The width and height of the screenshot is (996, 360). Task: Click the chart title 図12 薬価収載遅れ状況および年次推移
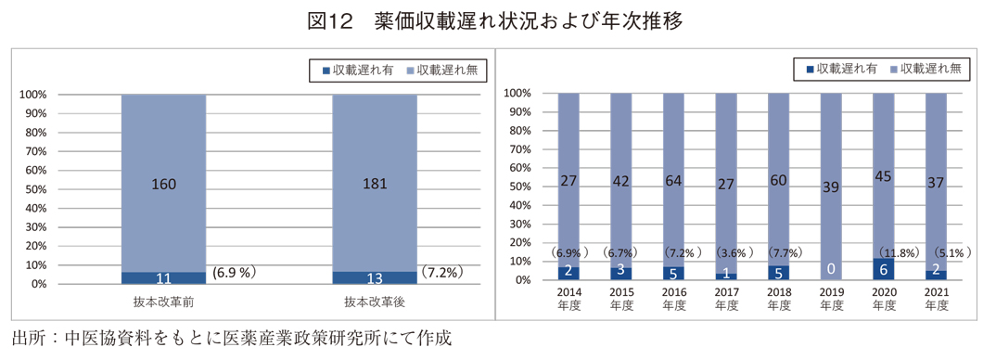[x=497, y=20]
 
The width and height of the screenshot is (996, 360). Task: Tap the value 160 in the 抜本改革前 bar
[x=162, y=184]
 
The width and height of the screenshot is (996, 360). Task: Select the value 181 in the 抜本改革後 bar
[x=375, y=184]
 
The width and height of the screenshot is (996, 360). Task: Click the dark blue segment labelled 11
[x=162, y=277]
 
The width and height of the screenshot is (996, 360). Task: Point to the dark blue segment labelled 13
[x=375, y=277]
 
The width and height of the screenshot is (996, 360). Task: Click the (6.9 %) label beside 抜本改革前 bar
[x=234, y=273]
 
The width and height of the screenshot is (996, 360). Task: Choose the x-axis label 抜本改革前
[x=163, y=302]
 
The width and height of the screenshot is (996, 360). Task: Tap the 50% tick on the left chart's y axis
[x=33, y=189]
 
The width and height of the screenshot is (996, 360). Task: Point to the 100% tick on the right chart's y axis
[x=517, y=94]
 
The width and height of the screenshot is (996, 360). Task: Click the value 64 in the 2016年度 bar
[x=674, y=181]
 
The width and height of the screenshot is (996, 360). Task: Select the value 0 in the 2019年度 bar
[x=831, y=269]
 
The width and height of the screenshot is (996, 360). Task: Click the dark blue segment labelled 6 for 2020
[x=883, y=269]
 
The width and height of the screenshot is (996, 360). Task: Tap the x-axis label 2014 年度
[x=568, y=299]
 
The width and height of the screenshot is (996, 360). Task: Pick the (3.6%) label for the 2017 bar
[x=729, y=252]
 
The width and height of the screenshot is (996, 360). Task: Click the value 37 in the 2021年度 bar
[x=936, y=183]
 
